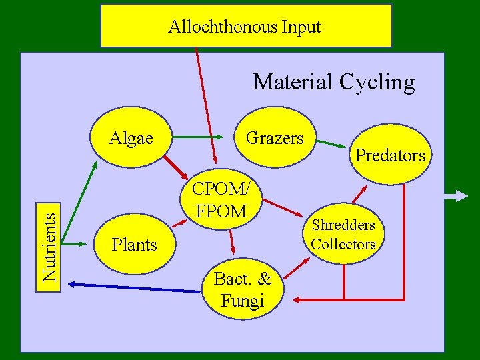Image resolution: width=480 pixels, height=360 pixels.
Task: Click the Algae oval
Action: point(131,139)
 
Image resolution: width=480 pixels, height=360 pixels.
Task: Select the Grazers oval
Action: point(275,139)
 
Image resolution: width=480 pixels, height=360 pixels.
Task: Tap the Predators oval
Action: point(391,156)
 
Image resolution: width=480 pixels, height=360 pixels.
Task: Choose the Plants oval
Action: point(135,245)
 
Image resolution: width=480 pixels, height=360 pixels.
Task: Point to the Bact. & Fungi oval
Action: point(243,291)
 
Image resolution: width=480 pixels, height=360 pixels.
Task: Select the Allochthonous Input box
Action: point(245,27)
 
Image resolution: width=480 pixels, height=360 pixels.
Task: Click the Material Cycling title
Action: point(333,82)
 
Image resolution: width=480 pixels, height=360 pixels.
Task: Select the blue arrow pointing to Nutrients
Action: point(133,287)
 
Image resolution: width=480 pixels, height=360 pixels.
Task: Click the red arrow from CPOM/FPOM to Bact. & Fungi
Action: point(231,241)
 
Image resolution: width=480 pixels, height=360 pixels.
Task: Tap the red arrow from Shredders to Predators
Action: point(359,193)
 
